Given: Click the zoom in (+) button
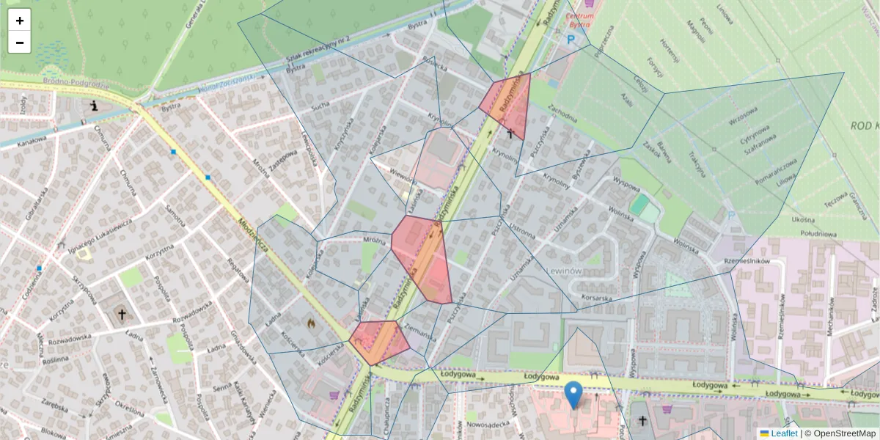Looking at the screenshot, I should (x=19, y=21).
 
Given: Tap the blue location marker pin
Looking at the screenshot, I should (x=574, y=395).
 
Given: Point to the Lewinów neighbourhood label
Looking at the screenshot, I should (x=565, y=271).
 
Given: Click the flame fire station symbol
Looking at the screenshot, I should (x=311, y=322).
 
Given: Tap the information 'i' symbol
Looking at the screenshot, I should (x=95, y=106).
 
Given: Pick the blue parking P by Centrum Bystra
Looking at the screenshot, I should (x=571, y=40).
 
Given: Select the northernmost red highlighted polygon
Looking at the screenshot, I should (x=507, y=106).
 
